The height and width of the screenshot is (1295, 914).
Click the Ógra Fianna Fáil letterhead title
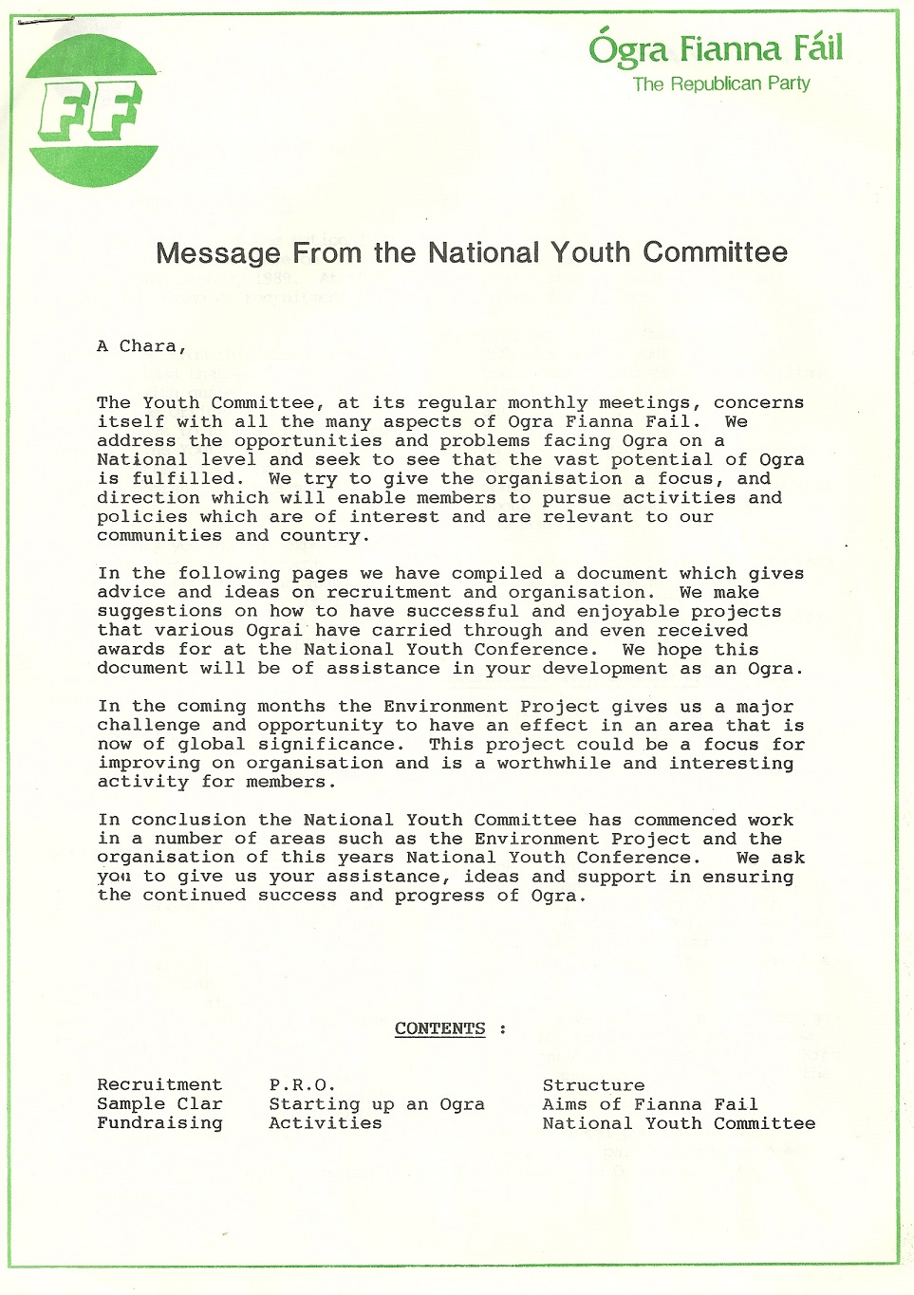pyautogui.click(x=715, y=48)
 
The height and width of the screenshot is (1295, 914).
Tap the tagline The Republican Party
pyautogui.click(x=721, y=83)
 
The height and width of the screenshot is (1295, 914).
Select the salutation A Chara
pyautogui.click(x=141, y=346)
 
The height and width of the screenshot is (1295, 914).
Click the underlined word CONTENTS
pyautogui.click(x=439, y=1028)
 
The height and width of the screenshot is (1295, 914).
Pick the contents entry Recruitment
pyautogui.click(x=159, y=1084)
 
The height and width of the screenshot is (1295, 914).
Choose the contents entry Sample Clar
pyautogui.click(x=159, y=1103)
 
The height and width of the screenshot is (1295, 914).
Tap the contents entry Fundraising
pyautogui.click(x=159, y=1122)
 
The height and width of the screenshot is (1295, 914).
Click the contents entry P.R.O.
pyautogui.click(x=302, y=1084)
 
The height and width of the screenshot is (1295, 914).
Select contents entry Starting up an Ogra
pyautogui.click(x=377, y=1104)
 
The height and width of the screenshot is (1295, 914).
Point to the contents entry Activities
pyautogui.click(x=326, y=1122)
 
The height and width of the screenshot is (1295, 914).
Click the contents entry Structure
pyautogui.click(x=593, y=1084)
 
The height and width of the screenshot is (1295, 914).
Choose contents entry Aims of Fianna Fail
pyautogui.click(x=650, y=1104)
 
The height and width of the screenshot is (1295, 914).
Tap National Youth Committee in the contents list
pyautogui.click(x=679, y=1123)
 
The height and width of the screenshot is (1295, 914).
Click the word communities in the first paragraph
pyautogui.click(x=159, y=535)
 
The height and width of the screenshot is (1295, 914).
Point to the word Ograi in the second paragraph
pyautogui.click(x=273, y=630)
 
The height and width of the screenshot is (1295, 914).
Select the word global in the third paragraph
pyautogui.click(x=212, y=744)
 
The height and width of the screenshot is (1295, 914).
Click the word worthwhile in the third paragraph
pyautogui.click(x=553, y=763)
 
